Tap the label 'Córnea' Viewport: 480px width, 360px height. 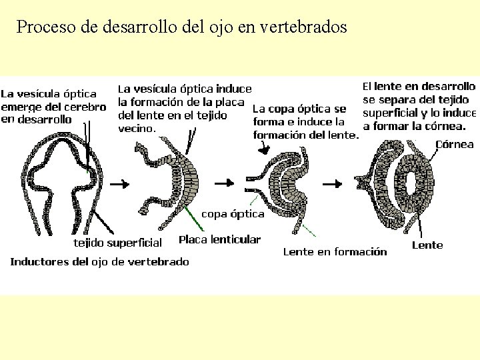pyautogui.click(x=454, y=144)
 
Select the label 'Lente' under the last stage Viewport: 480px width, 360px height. pyautogui.click(x=427, y=245)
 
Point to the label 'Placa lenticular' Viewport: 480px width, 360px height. pyautogui.click(x=220, y=239)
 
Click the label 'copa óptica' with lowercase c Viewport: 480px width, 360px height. pyautogui.click(x=233, y=214)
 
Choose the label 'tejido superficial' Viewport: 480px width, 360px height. pyautogui.click(x=117, y=242)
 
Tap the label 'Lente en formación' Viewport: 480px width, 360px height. pyautogui.click(x=335, y=251)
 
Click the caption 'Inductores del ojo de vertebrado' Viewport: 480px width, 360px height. pyautogui.click(x=99, y=261)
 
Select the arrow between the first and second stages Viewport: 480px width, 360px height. pyautogui.click(x=120, y=182)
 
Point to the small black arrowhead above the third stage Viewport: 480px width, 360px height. pyautogui.click(x=265, y=151)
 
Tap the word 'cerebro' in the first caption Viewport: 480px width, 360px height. pyautogui.click(x=87, y=107)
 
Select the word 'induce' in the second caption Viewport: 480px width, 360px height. pyautogui.click(x=235, y=89)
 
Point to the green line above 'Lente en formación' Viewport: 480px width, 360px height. pyautogui.click(x=307, y=230)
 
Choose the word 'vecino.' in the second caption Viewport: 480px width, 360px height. pyautogui.click(x=137, y=128)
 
